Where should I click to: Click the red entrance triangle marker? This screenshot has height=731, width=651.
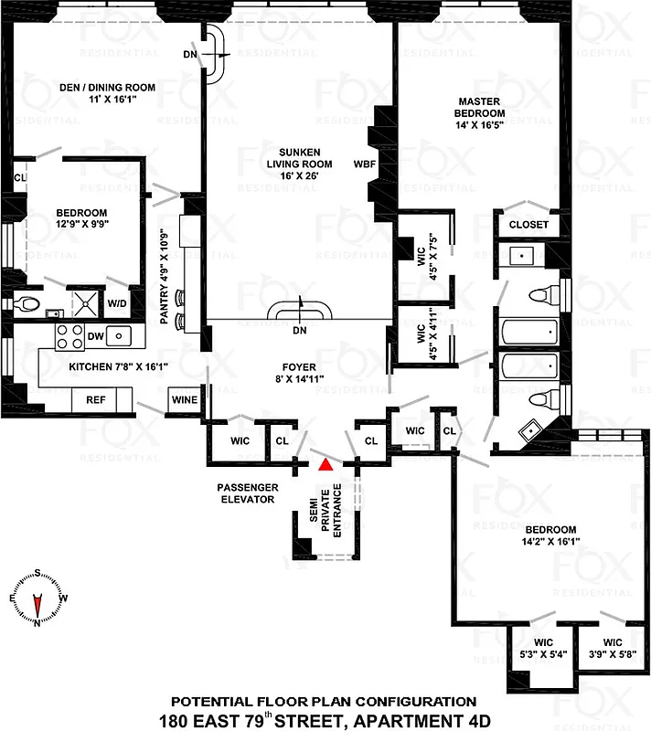[324, 464]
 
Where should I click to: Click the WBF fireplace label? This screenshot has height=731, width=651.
[365, 164]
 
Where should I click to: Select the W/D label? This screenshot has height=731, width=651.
[118, 303]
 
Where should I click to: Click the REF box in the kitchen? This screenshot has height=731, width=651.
[96, 399]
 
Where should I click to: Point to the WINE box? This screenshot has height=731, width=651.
[181, 399]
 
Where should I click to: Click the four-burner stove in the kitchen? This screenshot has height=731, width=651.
[69, 336]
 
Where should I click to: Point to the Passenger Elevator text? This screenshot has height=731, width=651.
[246, 493]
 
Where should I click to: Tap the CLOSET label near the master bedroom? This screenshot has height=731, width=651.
[528, 224]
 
